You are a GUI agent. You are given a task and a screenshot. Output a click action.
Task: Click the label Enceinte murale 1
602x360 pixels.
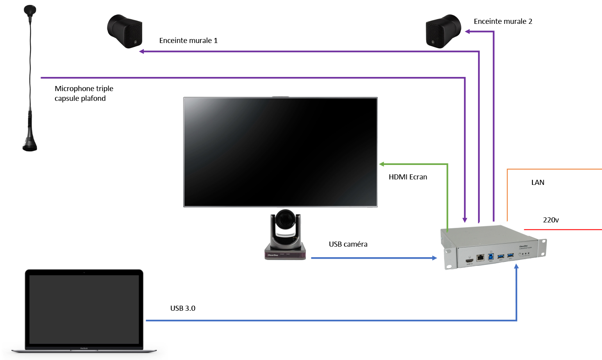pyautogui.click(x=188, y=41)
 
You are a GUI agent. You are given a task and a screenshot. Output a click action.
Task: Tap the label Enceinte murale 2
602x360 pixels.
pyautogui.click(x=503, y=21)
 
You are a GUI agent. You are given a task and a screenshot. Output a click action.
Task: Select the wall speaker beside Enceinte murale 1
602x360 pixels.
pyautogui.click(x=125, y=31)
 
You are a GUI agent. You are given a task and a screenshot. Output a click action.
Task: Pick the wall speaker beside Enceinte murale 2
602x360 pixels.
pyautogui.click(x=443, y=31)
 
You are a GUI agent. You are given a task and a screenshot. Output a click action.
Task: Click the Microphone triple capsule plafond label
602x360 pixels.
pyautogui.click(x=84, y=93)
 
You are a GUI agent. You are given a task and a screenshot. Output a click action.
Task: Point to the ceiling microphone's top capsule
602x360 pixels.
pyautogui.click(x=30, y=10)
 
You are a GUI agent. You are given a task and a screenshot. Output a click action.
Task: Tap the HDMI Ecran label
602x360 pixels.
pyautogui.click(x=408, y=177)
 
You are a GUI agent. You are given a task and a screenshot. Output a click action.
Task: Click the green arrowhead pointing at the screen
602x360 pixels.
pyautogui.click(x=382, y=164)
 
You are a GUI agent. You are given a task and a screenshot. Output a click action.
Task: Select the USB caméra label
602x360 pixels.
pyautogui.click(x=348, y=244)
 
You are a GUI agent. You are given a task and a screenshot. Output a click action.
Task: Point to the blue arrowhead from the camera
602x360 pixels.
pyautogui.click(x=434, y=258)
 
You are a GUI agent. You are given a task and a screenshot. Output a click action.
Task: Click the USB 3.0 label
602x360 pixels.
pyautogui.click(x=183, y=308)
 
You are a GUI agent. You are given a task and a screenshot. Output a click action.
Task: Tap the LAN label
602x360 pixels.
pyautogui.click(x=538, y=183)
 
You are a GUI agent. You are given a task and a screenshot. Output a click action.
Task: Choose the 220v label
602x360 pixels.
pyautogui.click(x=551, y=220)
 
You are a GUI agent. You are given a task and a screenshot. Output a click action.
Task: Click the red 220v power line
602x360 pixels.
pyautogui.click(x=563, y=229)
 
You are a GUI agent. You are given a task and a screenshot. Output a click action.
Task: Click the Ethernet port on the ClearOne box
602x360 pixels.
pyautogui.click(x=480, y=258)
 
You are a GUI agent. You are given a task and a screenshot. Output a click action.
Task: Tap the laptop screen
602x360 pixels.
pyautogui.click(x=84, y=309)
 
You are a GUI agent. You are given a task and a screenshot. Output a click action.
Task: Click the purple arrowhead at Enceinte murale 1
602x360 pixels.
pyautogui.click(x=142, y=51)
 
